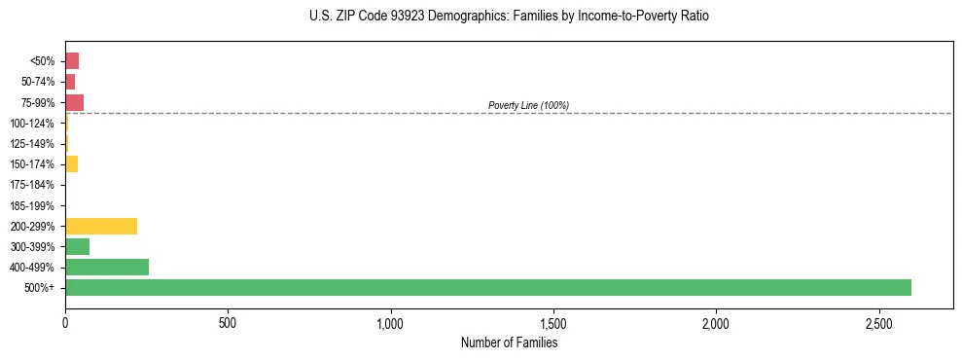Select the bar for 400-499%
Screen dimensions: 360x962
coord(107,267)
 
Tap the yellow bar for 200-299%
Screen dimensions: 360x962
coord(101,226)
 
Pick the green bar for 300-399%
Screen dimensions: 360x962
coord(77,246)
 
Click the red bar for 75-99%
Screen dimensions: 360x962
coord(74,102)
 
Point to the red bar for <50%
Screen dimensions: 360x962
coord(72,60)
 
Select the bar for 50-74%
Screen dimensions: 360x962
coord(70,82)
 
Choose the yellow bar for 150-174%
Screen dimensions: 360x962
coord(71,163)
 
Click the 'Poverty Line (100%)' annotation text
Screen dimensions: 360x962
coord(528,105)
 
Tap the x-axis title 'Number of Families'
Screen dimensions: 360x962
coord(509,342)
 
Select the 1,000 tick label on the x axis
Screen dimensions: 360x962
coord(390,321)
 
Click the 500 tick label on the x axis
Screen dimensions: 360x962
coord(228,321)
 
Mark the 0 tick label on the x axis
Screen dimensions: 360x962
coord(65,321)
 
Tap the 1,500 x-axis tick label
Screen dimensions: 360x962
coord(552,321)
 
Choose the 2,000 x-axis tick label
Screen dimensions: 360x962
coord(716,321)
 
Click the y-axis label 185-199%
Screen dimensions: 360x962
coord(33,205)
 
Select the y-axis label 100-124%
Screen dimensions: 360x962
coord(33,123)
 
